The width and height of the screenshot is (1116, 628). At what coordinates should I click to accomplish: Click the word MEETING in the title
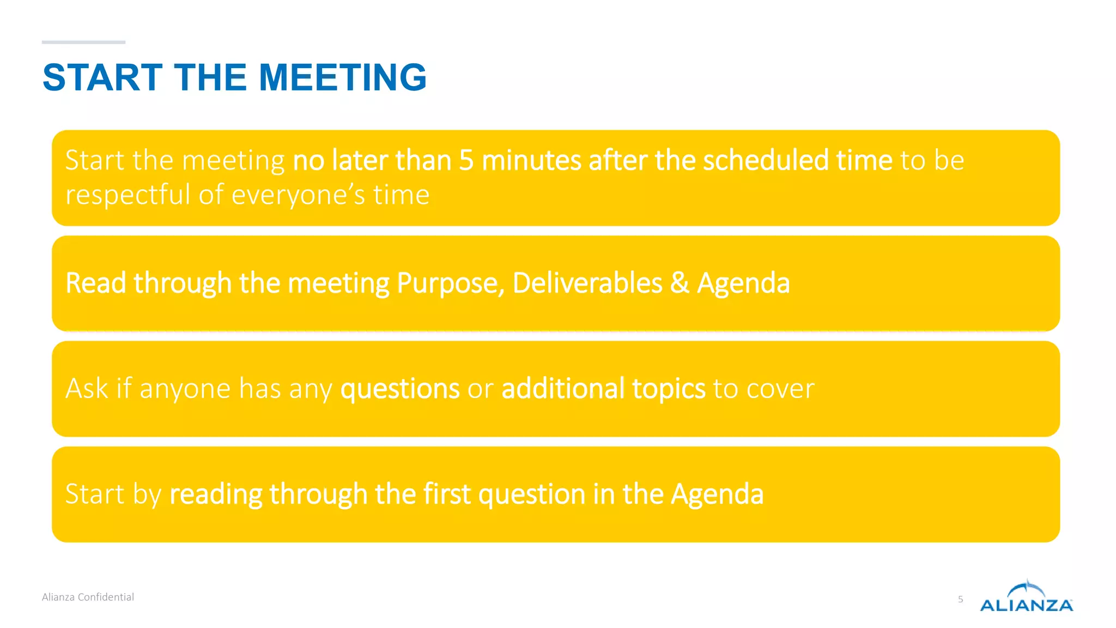coord(343,77)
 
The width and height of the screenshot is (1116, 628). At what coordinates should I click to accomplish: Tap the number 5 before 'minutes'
coord(466,160)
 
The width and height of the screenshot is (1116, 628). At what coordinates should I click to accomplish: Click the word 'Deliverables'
coord(587,283)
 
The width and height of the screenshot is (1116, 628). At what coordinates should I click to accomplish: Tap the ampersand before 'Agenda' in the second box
coord(680,283)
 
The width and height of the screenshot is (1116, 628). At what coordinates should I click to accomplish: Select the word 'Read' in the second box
coord(96,283)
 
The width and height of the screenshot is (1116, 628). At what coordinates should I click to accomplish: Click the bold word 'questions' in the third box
coord(400,389)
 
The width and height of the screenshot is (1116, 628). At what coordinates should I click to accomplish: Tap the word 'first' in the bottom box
coord(447,494)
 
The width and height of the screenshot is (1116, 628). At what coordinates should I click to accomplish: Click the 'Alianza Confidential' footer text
coord(88,597)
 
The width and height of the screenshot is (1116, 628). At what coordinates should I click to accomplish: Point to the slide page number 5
coord(961,600)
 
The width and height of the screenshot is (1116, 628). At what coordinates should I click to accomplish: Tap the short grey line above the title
coord(83,42)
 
